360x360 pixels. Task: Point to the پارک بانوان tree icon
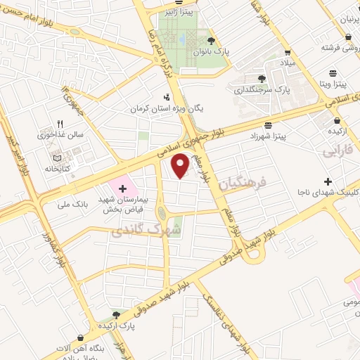click(x=210, y=41)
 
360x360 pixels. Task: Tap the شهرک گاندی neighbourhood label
click(x=146, y=230)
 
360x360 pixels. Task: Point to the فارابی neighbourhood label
click(x=338, y=150)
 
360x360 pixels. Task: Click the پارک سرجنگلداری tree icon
click(x=262, y=79)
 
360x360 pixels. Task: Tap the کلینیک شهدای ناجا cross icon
click(x=328, y=162)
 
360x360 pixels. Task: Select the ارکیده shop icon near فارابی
click(x=332, y=119)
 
